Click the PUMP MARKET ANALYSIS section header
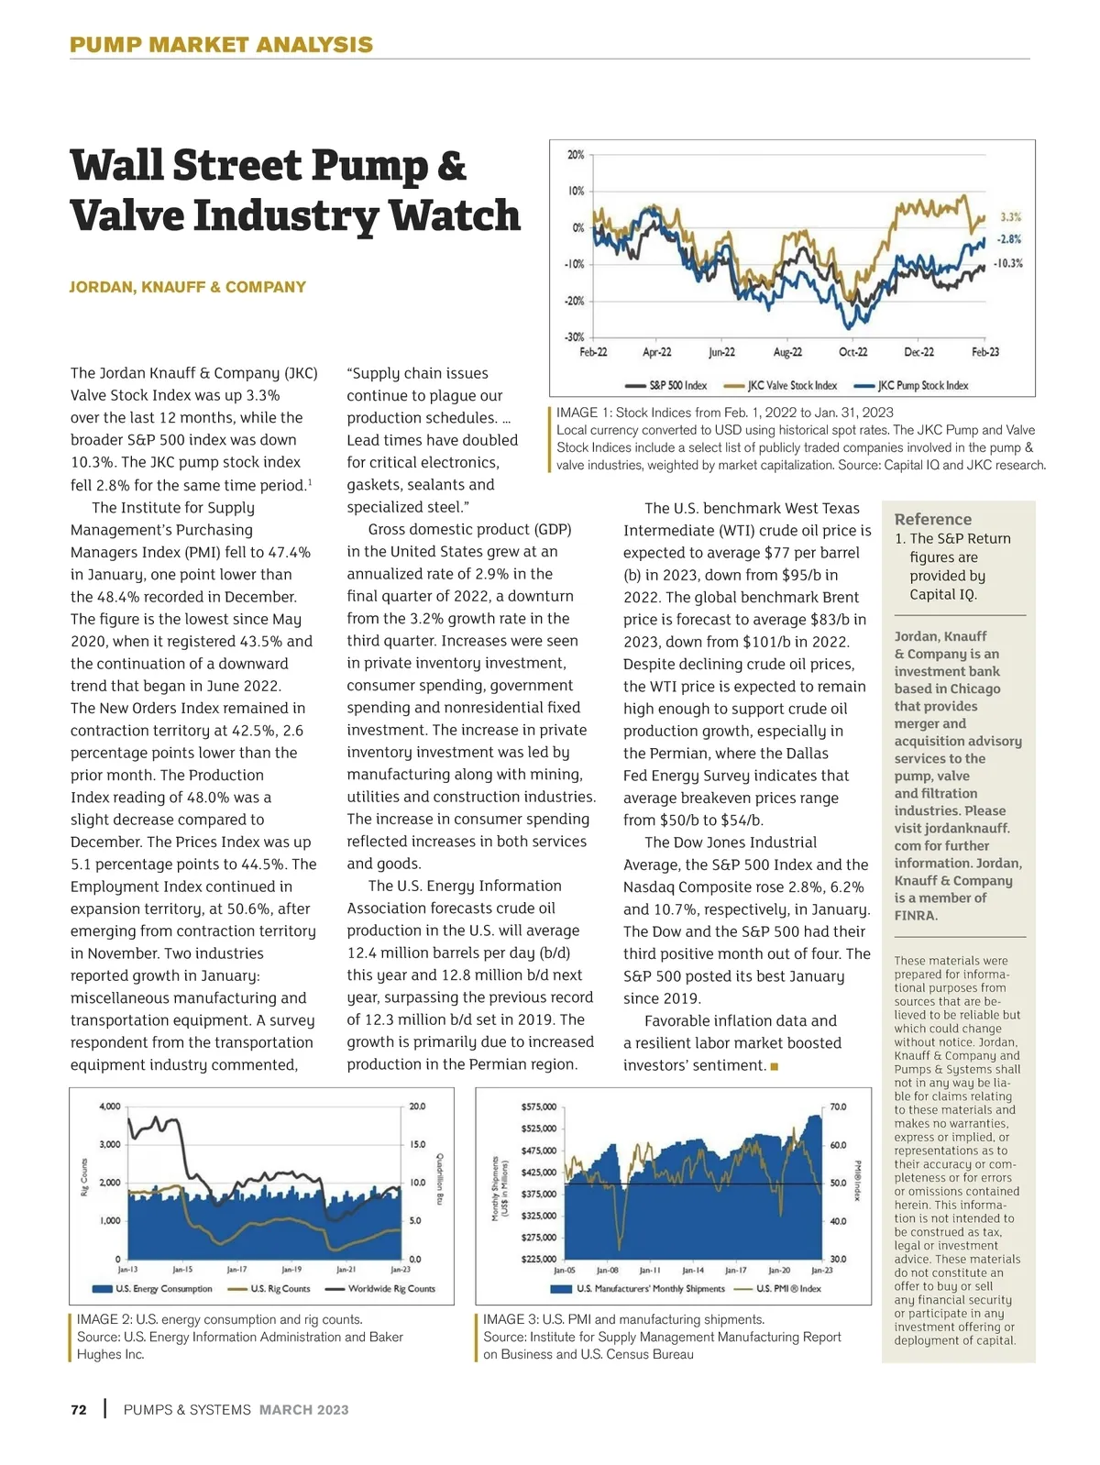point(221,45)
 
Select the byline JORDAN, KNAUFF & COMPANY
point(188,287)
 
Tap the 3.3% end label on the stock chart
point(1010,217)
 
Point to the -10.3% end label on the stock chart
point(1008,263)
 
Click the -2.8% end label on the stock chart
point(1009,239)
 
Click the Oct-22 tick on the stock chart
point(852,352)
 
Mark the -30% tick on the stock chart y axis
point(574,337)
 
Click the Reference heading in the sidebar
point(932,519)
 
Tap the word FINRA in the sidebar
point(916,915)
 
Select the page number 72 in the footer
point(79,1410)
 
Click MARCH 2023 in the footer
point(303,1410)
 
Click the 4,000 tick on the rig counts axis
point(109,1107)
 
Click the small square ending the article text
point(775,1066)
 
